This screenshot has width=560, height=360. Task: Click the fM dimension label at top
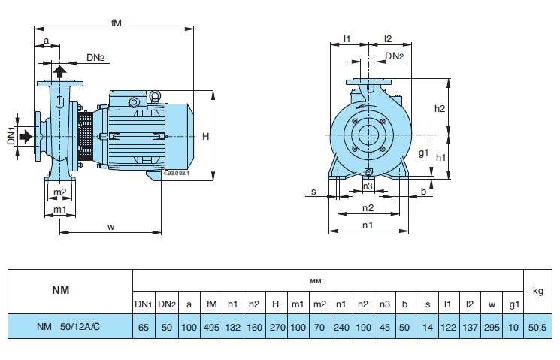(116, 23)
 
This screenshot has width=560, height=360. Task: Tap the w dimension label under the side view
(110, 226)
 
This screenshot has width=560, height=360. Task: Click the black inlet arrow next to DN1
(26, 136)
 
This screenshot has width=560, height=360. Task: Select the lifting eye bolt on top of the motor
(156, 95)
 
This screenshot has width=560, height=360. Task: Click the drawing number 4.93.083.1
(175, 174)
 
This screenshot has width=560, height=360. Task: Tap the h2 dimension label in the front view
(440, 108)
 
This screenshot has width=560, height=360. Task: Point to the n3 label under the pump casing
(368, 186)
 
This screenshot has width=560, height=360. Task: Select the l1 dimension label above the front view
(347, 38)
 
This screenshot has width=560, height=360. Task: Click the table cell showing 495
(211, 327)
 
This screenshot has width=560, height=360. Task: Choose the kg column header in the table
(537, 290)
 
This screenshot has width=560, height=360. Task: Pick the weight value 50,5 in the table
(537, 327)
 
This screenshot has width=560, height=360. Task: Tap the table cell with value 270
(275, 327)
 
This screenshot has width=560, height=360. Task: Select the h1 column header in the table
(233, 304)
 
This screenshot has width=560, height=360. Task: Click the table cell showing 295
(490, 327)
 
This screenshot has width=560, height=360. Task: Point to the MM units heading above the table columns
(316, 280)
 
